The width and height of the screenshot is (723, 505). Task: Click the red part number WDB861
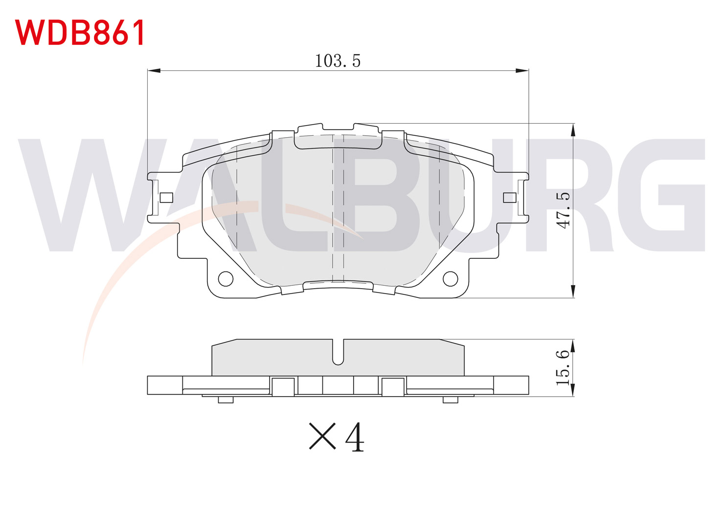(80, 32)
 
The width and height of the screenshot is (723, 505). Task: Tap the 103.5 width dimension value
(338, 61)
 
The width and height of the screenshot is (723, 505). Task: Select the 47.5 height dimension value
(564, 211)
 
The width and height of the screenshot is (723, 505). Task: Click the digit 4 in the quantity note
(355, 437)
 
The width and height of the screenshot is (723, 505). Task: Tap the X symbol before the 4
(322, 436)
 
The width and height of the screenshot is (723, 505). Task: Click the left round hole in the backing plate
(226, 279)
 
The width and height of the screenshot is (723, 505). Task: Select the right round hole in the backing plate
(450, 279)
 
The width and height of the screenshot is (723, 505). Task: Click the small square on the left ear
(166, 197)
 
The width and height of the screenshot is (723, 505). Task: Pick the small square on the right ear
(510, 197)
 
